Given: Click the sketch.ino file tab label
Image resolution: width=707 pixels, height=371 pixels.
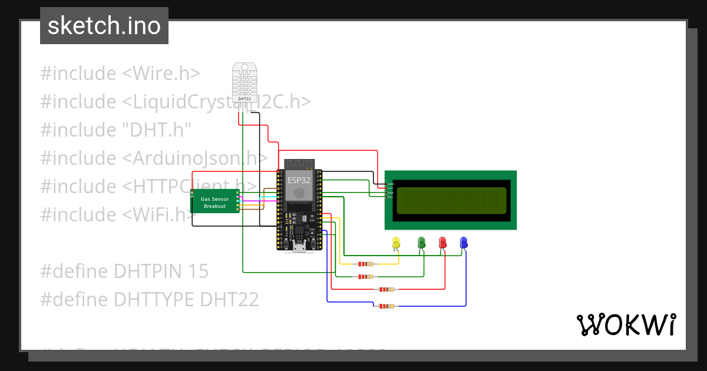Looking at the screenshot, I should click(x=104, y=26).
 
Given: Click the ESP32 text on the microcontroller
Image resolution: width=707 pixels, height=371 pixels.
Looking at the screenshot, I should click(x=299, y=180).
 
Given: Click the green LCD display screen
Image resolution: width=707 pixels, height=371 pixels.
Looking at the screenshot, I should click(x=451, y=200).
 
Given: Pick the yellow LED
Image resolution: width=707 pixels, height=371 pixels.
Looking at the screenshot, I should click(x=396, y=243).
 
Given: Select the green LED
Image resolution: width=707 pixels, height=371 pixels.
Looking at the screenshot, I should click(x=421, y=243).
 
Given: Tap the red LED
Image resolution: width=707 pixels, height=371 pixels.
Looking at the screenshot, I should click(x=442, y=243).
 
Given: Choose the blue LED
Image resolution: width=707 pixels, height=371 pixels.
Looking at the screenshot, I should click(x=464, y=243).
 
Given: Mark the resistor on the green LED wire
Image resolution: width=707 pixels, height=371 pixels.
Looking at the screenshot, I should click(x=365, y=276).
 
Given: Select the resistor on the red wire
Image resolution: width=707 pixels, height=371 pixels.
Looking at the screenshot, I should click(x=386, y=289).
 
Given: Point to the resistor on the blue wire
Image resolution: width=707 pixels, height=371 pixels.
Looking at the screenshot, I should click(x=386, y=306).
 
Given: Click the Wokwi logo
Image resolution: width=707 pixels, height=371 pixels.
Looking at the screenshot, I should click(x=626, y=324).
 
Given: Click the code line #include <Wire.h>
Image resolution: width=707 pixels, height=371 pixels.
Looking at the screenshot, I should click(x=120, y=74).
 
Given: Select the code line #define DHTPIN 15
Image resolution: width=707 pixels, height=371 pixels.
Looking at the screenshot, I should click(x=124, y=271).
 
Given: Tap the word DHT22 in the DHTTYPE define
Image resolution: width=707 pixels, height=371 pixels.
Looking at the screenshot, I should click(x=229, y=300).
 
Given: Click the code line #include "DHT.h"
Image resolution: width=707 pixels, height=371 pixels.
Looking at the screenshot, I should click(x=115, y=130).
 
